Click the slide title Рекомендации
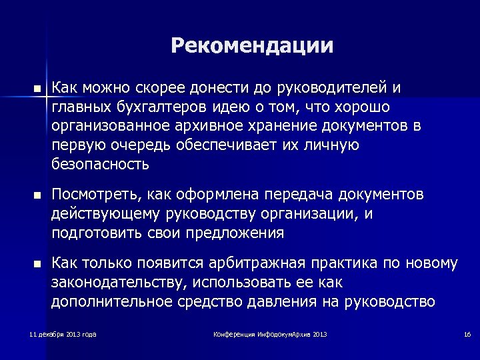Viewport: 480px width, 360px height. click(252, 46)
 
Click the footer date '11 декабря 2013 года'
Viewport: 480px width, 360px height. click(63, 333)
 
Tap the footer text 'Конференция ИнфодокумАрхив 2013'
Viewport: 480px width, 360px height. click(269, 333)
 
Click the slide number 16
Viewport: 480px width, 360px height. click(467, 333)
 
